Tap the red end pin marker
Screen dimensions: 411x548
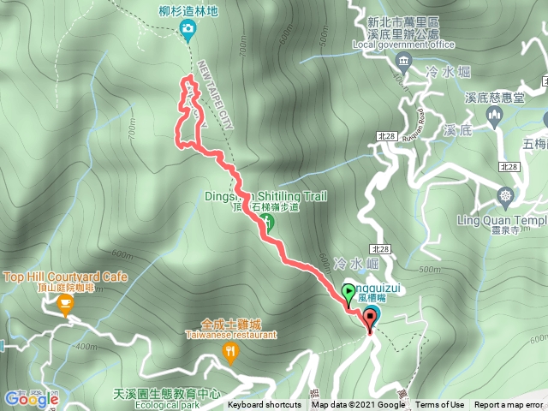(x=371, y=319)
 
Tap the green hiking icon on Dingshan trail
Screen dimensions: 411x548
(x=267, y=224)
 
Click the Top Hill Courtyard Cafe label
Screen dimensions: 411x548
(x=66, y=277)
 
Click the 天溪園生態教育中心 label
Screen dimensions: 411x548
(x=166, y=394)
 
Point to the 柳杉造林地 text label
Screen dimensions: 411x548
(x=188, y=12)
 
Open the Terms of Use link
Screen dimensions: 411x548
(x=440, y=405)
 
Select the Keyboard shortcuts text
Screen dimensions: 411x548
(x=265, y=405)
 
